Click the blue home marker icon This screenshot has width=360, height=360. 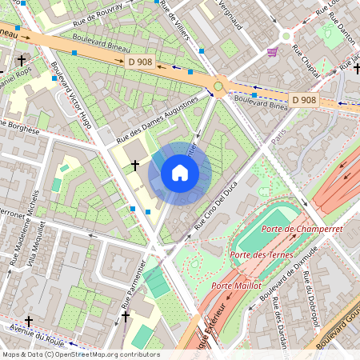point(180,173)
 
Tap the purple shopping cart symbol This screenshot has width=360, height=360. point(272,52)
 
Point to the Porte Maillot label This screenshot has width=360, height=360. point(238,285)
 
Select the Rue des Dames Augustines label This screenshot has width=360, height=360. point(158,119)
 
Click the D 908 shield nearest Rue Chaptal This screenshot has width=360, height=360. point(303,100)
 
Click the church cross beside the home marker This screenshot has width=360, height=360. point(135,166)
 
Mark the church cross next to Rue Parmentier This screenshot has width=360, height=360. point(125,318)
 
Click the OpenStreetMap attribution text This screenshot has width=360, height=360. point(81,354)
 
